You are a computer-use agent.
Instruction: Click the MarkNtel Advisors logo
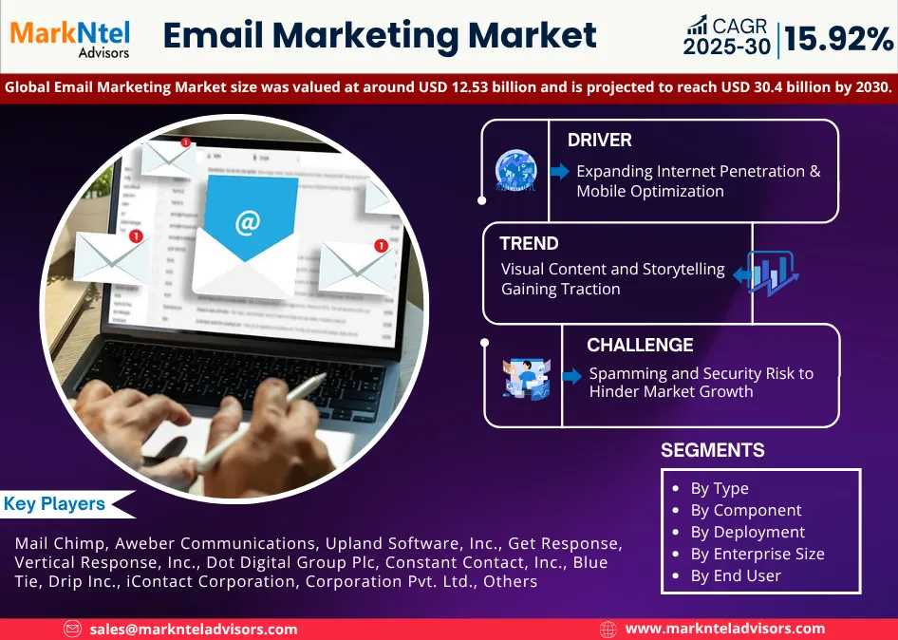71,38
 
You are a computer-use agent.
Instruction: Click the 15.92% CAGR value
838,40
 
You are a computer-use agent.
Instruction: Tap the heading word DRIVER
599,141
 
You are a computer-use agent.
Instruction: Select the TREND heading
529,243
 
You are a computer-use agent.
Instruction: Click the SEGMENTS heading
712,450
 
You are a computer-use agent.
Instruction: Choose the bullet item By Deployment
747,532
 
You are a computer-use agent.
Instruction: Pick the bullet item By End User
735,575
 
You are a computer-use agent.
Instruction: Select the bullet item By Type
719,488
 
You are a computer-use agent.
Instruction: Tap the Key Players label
54,504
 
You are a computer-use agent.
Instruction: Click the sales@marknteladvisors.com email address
194,629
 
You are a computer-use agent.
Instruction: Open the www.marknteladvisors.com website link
724,629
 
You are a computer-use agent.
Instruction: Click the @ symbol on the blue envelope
247,223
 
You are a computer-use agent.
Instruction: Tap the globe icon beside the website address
608,629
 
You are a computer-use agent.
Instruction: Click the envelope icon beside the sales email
73,629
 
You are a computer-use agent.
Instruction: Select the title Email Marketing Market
380,36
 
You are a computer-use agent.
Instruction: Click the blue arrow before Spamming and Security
571,376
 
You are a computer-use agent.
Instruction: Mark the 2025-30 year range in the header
726,47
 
